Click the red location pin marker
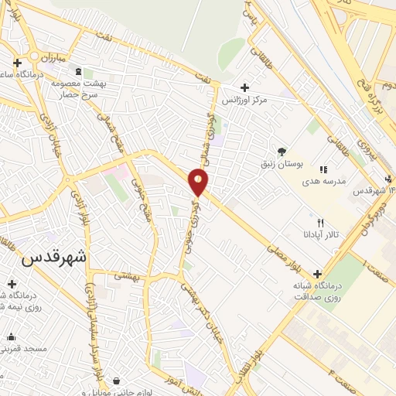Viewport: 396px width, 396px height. point(199,182)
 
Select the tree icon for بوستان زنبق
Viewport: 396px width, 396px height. point(282,152)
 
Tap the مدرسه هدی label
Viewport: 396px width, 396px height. point(323,180)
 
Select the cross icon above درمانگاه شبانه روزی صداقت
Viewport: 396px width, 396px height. point(318,275)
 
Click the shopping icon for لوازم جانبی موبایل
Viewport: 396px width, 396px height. point(117,380)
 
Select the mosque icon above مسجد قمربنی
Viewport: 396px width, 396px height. point(11,336)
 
